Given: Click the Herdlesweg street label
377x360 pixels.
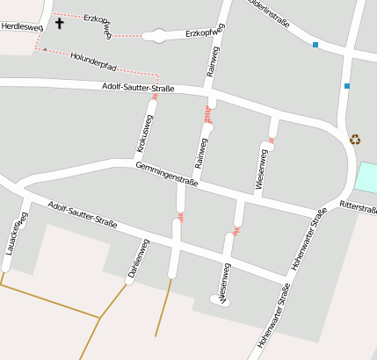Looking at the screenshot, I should pyautogui.click(x=22, y=27).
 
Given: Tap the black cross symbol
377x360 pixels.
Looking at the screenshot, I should pyautogui.click(x=60, y=22).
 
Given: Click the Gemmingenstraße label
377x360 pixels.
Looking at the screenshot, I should pyautogui.click(x=166, y=174).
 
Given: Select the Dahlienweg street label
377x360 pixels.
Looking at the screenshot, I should pyautogui.click(x=139, y=260).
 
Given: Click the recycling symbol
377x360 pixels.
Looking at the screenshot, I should pyautogui.click(x=355, y=139).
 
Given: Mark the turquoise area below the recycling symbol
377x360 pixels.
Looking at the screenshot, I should pyautogui.click(x=366, y=178).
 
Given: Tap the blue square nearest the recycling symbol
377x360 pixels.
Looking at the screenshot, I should pyautogui.click(x=347, y=86).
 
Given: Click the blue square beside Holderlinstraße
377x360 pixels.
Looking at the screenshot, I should pyautogui.click(x=315, y=44).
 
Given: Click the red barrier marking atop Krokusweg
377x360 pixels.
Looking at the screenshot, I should pyautogui.click(x=155, y=97).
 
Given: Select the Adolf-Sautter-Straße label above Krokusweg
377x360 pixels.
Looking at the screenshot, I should pyautogui.click(x=138, y=87).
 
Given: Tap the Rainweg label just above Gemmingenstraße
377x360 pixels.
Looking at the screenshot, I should pyautogui.click(x=201, y=153).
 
